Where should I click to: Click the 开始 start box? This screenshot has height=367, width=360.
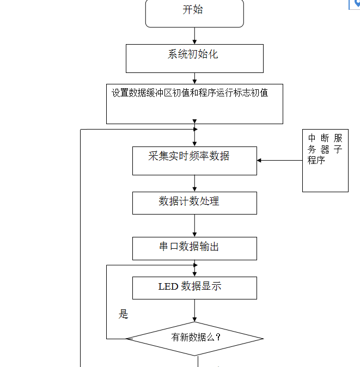click(x=194, y=13)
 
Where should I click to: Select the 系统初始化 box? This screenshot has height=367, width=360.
click(x=194, y=58)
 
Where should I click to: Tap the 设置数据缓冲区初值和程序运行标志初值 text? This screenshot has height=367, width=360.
click(x=190, y=93)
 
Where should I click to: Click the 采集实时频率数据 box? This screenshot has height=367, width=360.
click(x=194, y=161)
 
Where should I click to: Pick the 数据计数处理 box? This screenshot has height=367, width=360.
click(x=194, y=203)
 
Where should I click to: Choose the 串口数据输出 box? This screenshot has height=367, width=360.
click(x=194, y=248)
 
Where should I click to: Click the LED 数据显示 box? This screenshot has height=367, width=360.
click(x=194, y=288)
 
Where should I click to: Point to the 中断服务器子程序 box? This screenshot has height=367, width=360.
click(x=325, y=161)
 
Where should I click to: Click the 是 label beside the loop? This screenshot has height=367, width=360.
click(x=124, y=314)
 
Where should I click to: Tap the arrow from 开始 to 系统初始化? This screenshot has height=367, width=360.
click(x=194, y=36)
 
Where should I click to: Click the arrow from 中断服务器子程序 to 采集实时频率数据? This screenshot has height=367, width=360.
click(x=279, y=161)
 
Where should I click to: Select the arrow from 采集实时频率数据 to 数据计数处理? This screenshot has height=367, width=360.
click(x=194, y=183)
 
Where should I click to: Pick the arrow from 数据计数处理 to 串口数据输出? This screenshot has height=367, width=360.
click(x=194, y=226)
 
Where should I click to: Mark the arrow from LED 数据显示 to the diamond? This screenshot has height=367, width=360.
click(x=194, y=310)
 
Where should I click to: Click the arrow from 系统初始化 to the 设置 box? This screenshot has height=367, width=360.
click(x=194, y=78)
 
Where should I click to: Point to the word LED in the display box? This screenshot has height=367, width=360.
click(x=168, y=286)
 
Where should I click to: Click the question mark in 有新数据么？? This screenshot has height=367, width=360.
click(x=218, y=337)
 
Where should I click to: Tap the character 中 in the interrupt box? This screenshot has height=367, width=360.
click(x=312, y=138)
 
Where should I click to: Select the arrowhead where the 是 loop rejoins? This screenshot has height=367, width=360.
click(x=194, y=265)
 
